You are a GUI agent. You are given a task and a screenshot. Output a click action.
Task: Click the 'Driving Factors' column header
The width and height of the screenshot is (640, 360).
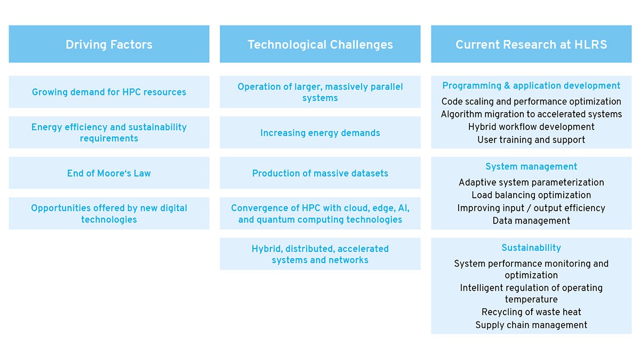click(x=109, y=44)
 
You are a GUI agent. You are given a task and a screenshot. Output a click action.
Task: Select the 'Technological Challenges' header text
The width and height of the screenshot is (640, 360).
click(x=320, y=45)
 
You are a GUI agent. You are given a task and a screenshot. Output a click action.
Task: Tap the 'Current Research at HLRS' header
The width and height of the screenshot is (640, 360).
click(x=531, y=44)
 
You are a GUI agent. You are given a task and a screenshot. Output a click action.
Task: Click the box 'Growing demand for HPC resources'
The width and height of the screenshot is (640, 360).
click(x=109, y=92)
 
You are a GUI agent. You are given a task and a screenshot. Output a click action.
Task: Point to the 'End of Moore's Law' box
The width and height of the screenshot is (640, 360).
click(x=109, y=173)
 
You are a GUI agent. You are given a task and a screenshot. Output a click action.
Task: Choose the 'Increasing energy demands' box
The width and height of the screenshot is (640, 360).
click(x=320, y=132)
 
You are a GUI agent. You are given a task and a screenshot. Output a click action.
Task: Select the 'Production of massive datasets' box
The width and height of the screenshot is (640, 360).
click(x=320, y=173)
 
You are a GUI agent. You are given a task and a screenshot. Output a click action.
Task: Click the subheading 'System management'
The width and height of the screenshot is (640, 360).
click(x=531, y=166)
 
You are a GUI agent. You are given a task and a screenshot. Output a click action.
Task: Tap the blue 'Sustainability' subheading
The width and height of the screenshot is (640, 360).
click(x=531, y=247)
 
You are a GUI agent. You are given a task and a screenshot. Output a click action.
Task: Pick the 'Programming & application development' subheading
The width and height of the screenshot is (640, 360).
click(x=531, y=86)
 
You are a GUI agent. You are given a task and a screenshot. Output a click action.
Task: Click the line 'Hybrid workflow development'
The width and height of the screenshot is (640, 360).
click(x=531, y=127)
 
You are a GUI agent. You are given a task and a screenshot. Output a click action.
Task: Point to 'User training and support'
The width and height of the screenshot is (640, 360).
click(x=531, y=140)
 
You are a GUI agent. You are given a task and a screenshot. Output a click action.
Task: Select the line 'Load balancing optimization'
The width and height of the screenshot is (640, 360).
click(x=531, y=195)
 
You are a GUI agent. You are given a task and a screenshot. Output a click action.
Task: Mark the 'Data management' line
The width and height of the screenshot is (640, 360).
click(x=531, y=221)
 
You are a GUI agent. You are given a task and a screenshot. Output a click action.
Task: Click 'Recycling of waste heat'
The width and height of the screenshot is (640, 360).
click(x=531, y=312)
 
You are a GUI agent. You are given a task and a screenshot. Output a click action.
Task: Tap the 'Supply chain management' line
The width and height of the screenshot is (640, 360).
click(x=531, y=325)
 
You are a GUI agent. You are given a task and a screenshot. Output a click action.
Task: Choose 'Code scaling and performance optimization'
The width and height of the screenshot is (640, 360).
click(x=531, y=101)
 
